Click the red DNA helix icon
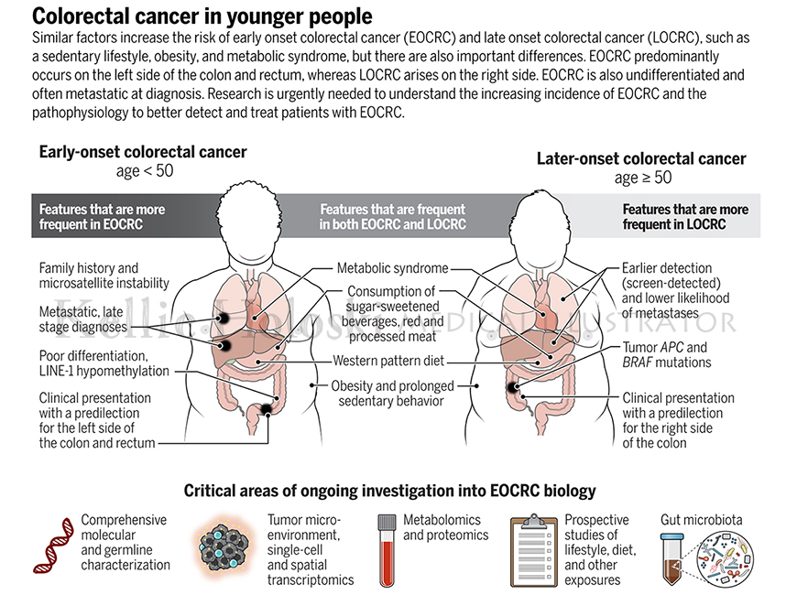pos(53,546)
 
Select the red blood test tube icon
pos(387,550)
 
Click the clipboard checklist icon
pos(533,550)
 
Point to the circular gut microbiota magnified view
pos(724,558)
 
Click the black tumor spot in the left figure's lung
pos(222,318)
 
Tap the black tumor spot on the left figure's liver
pos(224,347)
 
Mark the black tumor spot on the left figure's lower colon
pos(266,409)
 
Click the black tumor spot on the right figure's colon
pos(512,387)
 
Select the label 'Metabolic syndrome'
pos(392,268)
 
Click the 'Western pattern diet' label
pos(388,361)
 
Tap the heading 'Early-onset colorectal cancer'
pos(143,152)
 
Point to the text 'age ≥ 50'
pos(642,178)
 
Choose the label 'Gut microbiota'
pos(701,520)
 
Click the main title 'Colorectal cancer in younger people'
pos(202,16)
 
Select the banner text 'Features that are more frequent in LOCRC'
pos(685,217)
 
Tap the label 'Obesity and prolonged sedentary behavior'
pos(392,394)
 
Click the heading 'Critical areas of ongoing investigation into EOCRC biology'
pos(390,491)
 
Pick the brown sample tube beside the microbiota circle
pos(671,558)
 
